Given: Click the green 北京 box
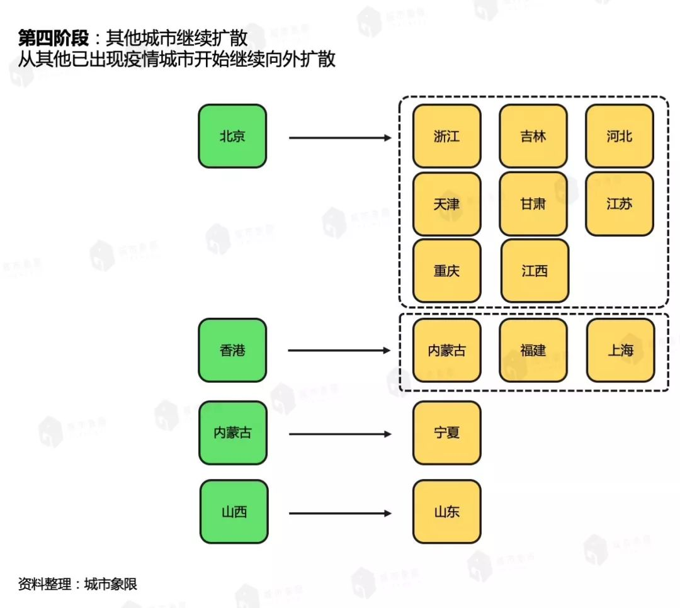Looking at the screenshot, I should [x=232, y=137].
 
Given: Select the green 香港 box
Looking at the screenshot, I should [x=232, y=351].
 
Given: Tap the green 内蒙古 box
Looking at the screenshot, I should [x=232, y=433].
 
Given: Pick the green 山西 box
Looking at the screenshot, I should [x=234, y=512].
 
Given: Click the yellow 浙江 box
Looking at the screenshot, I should [x=446, y=137].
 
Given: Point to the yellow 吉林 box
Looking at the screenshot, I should [x=533, y=137].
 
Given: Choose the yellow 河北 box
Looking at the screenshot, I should [x=619, y=137].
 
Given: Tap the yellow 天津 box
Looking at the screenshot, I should [x=446, y=204].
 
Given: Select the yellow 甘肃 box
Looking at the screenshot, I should [x=533, y=204].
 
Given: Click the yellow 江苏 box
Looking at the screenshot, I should [x=619, y=204].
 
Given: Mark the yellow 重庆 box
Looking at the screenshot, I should [x=446, y=271].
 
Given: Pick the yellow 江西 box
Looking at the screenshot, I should [x=535, y=271].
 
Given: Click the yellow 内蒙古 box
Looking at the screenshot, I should [x=446, y=351].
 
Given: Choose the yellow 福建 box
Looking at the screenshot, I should [x=533, y=351].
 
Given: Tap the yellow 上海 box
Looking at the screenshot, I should [x=620, y=351].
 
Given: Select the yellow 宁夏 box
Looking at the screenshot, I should [x=446, y=433].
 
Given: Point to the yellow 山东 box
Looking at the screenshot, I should [x=446, y=512].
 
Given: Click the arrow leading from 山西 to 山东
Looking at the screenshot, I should [x=340, y=514].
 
